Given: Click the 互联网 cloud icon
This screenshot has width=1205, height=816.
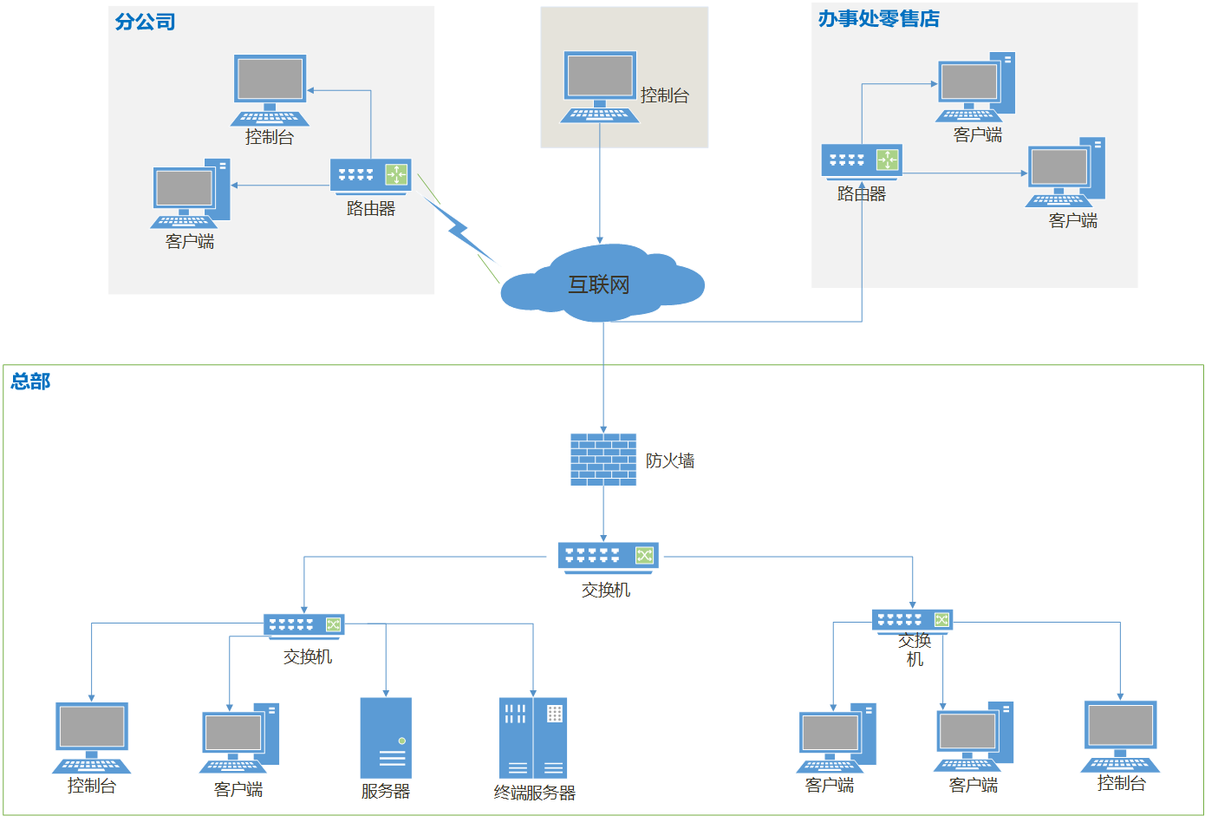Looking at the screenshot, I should click(x=602, y=283).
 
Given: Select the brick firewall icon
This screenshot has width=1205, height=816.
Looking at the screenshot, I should click(x=603, y=459).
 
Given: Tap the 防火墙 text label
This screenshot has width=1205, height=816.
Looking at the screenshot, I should click(x=670, y=460).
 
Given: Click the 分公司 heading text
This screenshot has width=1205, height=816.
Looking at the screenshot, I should click(x=145, y=22).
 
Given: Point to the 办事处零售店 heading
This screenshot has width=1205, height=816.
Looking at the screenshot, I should click(x=878, y=18).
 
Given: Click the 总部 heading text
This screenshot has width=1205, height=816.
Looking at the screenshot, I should click(x=30, y=381).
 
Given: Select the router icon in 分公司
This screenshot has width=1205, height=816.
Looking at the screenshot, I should click(x=370, y=175).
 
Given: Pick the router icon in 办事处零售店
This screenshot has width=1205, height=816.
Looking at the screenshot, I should click(x=862, y=160).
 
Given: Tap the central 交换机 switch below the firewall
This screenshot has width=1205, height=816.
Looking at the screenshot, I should click(x=608, y=556).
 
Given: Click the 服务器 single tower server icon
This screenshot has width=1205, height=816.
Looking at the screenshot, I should click(x=386, y=737).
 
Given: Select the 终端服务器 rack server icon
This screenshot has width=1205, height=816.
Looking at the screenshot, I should click(x=532, y=737).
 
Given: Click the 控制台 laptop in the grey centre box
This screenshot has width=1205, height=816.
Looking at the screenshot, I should click(x=600, y=86).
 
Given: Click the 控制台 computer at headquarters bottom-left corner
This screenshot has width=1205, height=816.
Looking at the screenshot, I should click(x=92, y=736).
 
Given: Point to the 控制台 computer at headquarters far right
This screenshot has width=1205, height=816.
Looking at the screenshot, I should click(x=1121, y=735).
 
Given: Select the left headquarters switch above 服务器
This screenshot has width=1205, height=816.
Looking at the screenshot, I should click(x=303, y=624).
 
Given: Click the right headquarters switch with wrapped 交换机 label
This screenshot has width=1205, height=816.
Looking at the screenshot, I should click(x=912, y=620).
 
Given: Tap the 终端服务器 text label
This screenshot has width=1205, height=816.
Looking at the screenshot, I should click(x=534, y=793).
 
